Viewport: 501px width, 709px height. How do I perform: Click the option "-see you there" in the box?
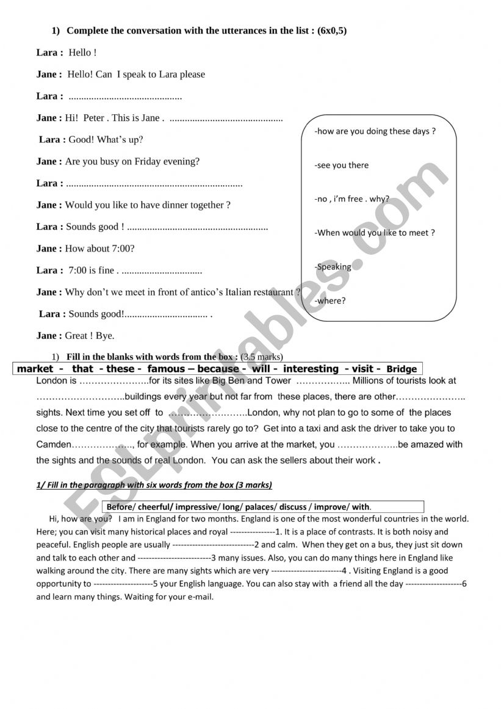(x=342, y=165)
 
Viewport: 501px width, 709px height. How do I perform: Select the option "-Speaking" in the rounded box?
(x=333, y=267)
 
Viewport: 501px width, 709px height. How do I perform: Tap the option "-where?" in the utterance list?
(x=330, y=300)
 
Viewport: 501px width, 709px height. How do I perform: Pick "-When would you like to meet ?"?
(x=375, y=233)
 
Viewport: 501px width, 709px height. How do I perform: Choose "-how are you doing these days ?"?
(x=375, y=131)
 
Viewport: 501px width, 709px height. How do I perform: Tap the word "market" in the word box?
(x=35, y=369)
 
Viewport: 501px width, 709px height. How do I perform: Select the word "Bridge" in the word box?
(x=402, y=369)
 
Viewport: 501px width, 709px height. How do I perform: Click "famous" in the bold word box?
(x=167, y=369)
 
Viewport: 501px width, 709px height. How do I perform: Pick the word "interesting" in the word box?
(x=311, y=369)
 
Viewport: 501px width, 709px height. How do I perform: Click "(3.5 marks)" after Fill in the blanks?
(x=262, y=357)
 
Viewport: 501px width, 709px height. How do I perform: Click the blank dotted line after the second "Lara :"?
(x=125, y=96)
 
